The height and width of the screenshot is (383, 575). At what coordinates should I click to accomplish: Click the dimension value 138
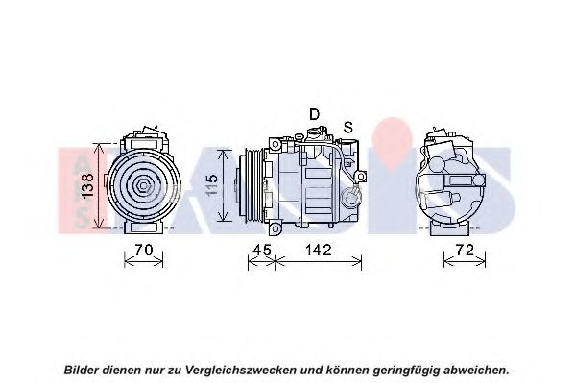[87, 186]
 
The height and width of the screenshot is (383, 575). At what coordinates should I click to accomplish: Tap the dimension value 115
[211, 184]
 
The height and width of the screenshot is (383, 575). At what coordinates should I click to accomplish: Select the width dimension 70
[144, 251]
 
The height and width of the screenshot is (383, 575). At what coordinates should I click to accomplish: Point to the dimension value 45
[263, 251]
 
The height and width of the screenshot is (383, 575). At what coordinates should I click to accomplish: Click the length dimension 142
[319, 251]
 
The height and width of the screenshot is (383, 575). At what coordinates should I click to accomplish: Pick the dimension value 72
[465, 251]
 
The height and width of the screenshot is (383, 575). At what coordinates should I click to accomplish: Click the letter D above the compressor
[314, 114]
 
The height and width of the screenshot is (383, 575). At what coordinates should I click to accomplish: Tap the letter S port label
[348, 128]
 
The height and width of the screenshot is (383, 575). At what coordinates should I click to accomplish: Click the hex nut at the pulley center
[143, 186]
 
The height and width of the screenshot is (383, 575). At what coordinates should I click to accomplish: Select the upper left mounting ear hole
[275, 145]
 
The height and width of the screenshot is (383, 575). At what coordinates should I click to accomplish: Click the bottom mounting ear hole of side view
[276, 229]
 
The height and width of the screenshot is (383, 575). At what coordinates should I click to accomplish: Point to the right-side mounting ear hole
[361, 177]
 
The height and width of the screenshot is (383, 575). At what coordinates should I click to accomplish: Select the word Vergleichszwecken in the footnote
[241, 370]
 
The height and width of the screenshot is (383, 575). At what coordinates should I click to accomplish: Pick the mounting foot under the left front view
[144, 227]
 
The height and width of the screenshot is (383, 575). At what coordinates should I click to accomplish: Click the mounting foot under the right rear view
[449, 228]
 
